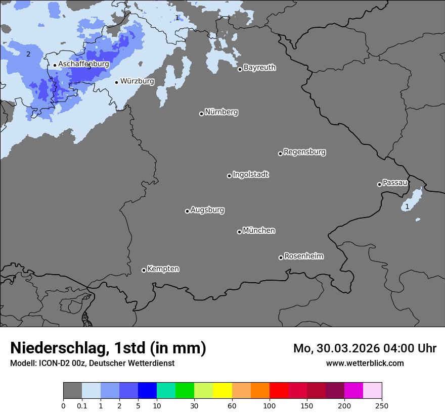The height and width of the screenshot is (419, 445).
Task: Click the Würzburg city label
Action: point(137,81)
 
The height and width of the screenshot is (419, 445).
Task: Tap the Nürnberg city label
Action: point(221,112)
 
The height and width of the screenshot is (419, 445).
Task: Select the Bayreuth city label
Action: point(259,68)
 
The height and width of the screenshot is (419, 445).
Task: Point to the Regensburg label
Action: point(304,152)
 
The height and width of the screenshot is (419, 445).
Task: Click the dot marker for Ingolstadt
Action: point(229,176)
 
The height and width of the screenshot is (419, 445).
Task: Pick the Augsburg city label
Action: point(207,210)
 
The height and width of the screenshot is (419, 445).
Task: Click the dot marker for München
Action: point(239,232)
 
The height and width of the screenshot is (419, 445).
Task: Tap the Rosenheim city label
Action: point(303,256)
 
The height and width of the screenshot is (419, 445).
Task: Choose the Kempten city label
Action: point(163,269)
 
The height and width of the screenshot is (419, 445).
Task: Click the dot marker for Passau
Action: point(379,184)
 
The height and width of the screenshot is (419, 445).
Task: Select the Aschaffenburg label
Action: point(83,64)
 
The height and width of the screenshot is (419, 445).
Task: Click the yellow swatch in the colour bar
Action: point(223,391)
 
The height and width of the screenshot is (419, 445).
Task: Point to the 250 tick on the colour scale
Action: point(382,405)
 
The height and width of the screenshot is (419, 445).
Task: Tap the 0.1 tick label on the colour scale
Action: point(82,405)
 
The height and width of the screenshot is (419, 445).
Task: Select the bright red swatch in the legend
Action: point(279,391)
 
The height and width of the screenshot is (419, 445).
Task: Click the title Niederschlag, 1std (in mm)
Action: point(108,348)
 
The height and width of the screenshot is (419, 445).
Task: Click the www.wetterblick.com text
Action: point(365,363)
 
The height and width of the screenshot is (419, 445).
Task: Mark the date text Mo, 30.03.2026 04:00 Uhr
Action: point(365,348)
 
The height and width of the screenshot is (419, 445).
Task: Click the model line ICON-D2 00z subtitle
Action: point(92,363)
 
